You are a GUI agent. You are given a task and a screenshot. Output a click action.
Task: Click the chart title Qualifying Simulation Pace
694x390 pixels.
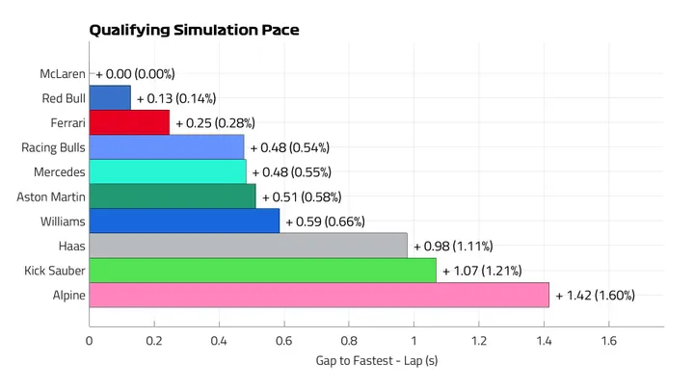point(194,30)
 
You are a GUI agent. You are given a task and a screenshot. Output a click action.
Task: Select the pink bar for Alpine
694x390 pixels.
point(319,295)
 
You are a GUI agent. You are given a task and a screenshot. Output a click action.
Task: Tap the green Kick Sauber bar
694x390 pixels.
point(262,270)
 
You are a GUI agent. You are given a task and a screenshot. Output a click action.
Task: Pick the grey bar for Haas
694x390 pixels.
point(248,246)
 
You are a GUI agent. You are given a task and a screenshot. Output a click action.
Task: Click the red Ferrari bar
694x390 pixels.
point(129,122)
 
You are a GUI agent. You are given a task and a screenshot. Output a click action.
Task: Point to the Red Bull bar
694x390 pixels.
point(110,98)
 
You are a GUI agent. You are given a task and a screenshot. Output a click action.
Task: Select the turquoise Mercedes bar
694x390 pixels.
point(168,171)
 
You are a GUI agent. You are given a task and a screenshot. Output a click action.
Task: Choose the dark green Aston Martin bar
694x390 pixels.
point(173,196)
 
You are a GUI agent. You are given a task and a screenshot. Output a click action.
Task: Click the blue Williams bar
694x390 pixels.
point(184,221)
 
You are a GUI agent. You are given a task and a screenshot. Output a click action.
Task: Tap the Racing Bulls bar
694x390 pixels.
point(167,147)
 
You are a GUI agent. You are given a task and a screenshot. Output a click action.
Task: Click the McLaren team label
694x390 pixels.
point(63,73)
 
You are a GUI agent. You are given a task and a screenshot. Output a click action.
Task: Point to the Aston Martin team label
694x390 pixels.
point(51,196)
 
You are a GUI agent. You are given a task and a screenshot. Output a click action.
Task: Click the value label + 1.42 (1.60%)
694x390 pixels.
point(595,295)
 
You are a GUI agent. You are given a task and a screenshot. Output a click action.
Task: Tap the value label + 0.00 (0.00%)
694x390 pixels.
point(135,73)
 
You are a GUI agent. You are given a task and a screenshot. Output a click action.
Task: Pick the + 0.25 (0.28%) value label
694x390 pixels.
point(215,122)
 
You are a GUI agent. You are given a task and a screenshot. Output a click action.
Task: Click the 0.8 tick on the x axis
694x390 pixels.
point(349,341)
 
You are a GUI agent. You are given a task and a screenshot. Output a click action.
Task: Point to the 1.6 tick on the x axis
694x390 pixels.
point(609,341)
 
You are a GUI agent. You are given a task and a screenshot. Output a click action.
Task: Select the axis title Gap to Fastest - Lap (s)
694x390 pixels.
point(377,361)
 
